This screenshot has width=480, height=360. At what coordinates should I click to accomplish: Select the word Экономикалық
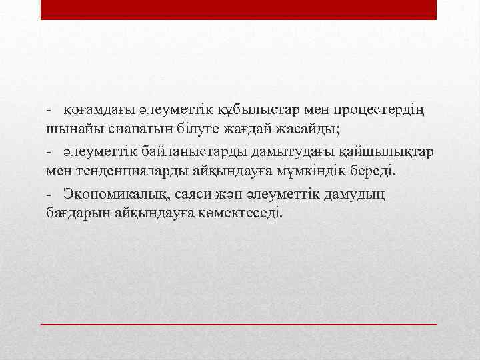coord(113,194)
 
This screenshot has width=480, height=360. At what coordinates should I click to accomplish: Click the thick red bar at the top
coord(239,9)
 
